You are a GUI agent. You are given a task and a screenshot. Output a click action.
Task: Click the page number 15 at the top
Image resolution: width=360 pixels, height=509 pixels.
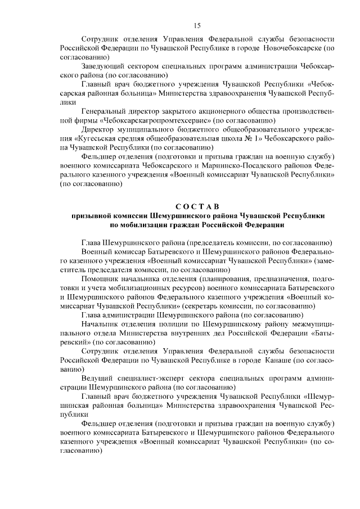[197, 25]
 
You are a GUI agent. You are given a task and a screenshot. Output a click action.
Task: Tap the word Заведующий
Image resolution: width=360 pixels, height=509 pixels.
[103, 66]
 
